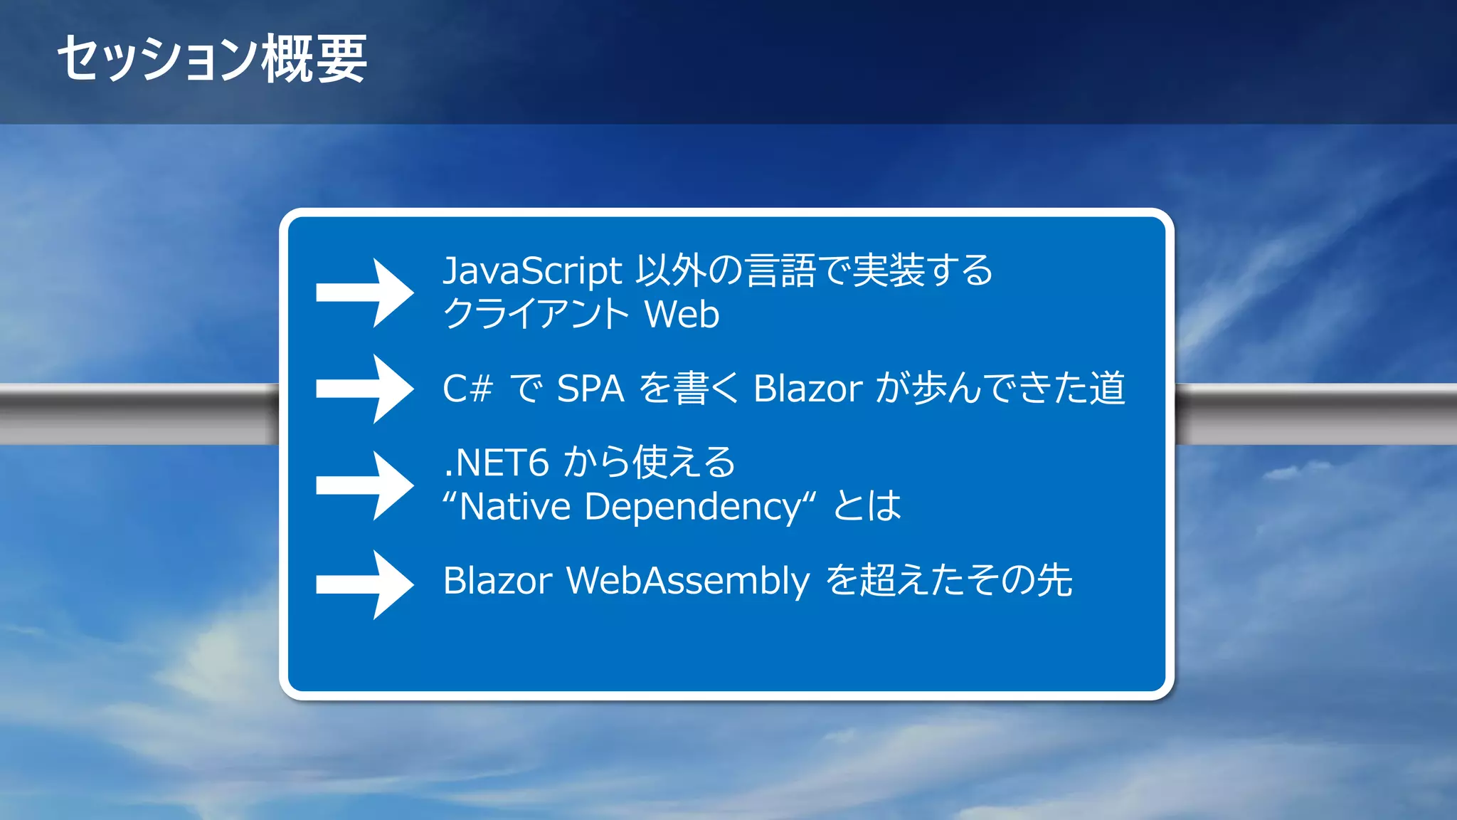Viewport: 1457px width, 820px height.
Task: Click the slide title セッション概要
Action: [x=212, y=58]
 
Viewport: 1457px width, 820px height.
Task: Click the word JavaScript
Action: [x=532, y=271]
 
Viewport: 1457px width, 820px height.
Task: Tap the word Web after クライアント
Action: [x=682, y=315]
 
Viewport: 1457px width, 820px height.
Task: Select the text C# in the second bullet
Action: [x=467, y=389]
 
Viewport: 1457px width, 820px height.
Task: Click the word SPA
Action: [x=590, y=389]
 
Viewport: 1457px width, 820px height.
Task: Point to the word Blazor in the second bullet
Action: [x=807, y=389]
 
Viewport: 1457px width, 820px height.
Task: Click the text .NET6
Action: [x=496, y=463]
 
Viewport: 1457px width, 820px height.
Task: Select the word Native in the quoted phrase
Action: [x=515, y=508]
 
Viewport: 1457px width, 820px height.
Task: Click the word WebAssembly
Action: [x=687, y=581]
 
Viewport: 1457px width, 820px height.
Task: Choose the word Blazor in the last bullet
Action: [x=497, y=581]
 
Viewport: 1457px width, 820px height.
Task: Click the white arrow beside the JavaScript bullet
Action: [x=365, y=293]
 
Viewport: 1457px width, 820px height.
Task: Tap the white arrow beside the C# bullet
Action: [x=365, y=389]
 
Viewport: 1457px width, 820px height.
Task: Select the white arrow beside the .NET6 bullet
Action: [x=365, y=485]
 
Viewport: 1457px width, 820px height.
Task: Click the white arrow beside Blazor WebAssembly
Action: [x=365, y=584]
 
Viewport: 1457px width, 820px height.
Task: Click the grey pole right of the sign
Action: [x=1316, y=414]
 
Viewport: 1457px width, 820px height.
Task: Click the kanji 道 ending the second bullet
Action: [x=1106, y=389]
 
